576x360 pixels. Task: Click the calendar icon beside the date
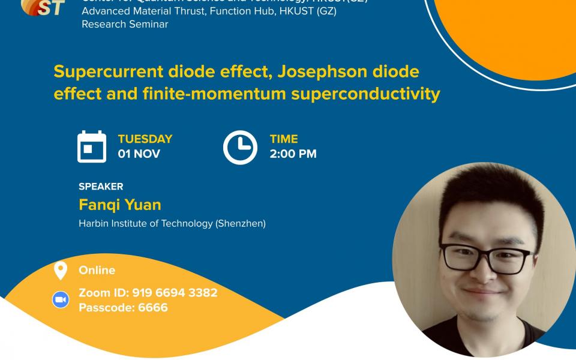[x=92, y=146]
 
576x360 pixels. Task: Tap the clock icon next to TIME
[x=240, y=147]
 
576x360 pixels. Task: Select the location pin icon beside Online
[x=61, y=271]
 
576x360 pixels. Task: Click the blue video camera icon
[x=61, y=300]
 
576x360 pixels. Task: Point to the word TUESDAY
[x=145, y=139]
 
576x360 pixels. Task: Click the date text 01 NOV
[x=139, y=154]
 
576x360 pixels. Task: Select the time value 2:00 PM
[x=293, y=154]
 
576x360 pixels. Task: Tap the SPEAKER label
[x=101, y=187]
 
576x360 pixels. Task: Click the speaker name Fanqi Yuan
[x=120, y=205]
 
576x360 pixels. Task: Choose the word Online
[x=97, y=271]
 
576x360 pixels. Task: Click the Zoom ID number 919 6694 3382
[x=175, y=293]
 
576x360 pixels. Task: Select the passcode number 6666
[x=153, y=308]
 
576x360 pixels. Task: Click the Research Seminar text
[x=125, y=25]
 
